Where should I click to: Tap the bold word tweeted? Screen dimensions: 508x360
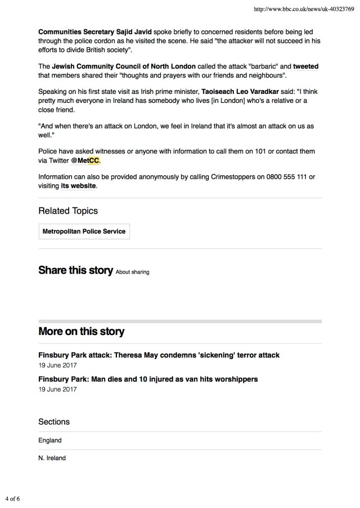point(305,67)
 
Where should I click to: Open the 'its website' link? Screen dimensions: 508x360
point(79,185)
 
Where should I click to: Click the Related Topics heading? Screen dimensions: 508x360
point(67,211)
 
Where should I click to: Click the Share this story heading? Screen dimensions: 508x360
point(75,270)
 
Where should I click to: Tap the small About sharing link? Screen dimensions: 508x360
point(132,272)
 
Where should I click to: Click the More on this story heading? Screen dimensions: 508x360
point(81,331)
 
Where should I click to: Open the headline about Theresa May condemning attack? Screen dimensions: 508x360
point(159,355)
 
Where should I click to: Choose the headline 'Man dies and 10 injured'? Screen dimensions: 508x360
point(148,379)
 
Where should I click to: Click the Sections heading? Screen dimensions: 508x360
point(54,421)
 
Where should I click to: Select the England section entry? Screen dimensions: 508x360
point(50,441)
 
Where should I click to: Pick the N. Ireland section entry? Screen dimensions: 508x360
point(52,458)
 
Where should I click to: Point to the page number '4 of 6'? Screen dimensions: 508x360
point(13,498)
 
